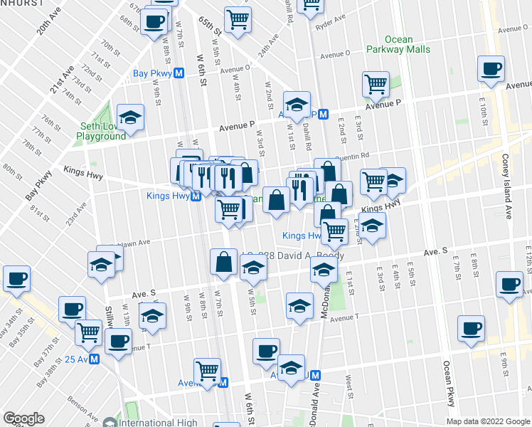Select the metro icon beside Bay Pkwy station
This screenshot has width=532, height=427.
(181, 73)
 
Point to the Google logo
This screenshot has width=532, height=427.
(23, 418)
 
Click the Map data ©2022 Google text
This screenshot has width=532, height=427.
(489, 421)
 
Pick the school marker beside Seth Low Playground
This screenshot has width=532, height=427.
(130, 117)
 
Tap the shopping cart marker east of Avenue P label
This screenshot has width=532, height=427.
(375, 84)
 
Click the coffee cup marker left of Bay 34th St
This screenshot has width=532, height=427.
(15, 278)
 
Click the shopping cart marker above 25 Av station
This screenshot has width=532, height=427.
(89, 331)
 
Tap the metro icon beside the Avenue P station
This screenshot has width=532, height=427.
(323, 114)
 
